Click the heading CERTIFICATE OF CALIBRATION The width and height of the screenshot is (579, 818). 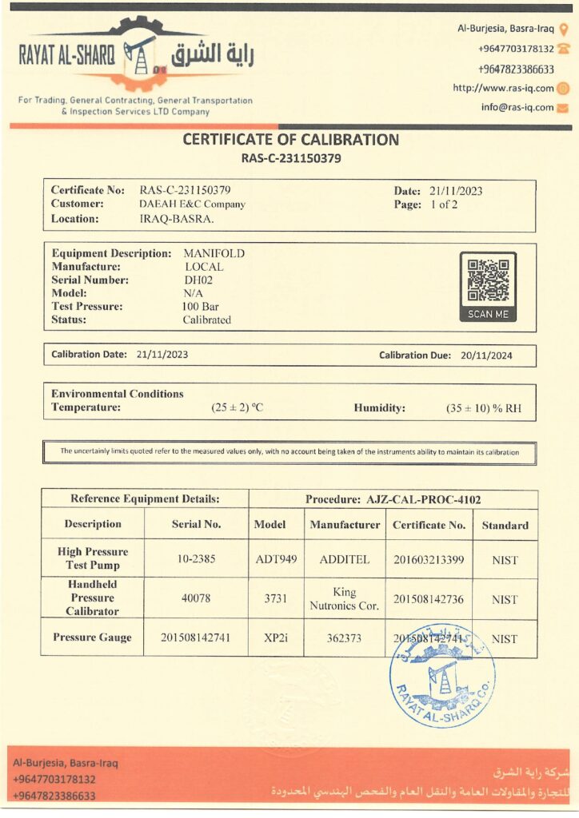point(291,140)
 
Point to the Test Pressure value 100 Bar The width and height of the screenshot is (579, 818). point(201,307)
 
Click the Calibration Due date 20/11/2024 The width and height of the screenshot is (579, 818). point(486,355)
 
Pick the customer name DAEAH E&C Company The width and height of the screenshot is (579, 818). point(192,204)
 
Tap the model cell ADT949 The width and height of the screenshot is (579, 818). point(275,559)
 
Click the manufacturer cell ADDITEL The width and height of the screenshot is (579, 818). point(345,559)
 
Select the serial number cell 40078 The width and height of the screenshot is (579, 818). point(196,598)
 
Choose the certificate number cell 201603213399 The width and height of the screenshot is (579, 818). point(429,559)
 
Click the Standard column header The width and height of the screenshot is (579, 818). point(505,526)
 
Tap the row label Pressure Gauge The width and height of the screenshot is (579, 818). point(93,638)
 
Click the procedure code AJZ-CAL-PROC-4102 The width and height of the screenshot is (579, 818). point(424,499)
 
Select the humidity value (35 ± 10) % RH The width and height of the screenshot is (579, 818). point(484,408)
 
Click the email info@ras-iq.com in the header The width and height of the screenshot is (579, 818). point(517,108)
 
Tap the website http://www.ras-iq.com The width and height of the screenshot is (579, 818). point(503,89)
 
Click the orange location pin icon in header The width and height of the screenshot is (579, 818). point(563,29)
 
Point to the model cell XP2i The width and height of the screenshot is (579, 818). point(275,638)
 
